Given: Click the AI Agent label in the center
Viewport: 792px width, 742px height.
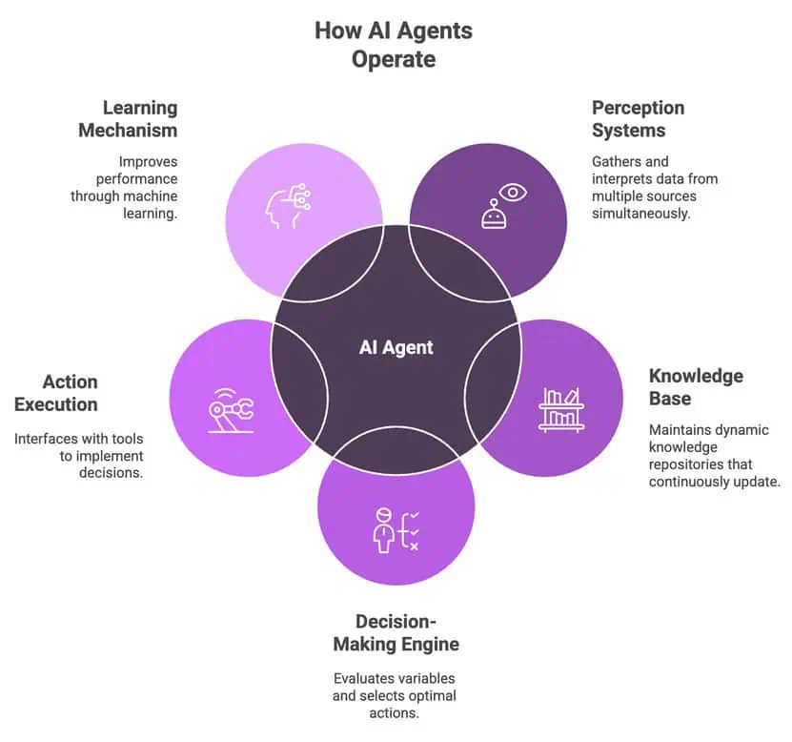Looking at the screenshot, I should click(x=396, y=347).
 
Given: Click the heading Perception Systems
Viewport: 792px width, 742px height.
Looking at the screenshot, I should click(x=638, y=119).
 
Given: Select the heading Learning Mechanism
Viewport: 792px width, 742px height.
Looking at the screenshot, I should click(x=129, y=119).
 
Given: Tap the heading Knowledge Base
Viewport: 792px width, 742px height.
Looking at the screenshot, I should click(x=695, y=386).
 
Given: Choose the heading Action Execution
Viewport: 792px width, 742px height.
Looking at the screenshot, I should click(x=56, y=392).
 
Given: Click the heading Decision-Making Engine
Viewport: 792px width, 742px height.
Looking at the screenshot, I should click(x=396, y=632).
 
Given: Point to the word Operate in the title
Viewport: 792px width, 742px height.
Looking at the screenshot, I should click(x=394, y=59).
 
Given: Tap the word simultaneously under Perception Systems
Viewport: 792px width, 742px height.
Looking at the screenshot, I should click(x=640, y=214).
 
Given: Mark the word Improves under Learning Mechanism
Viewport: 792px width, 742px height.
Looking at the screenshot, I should click(x=148, y=161).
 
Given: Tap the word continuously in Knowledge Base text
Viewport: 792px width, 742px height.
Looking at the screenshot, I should click(x=692, y=482).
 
